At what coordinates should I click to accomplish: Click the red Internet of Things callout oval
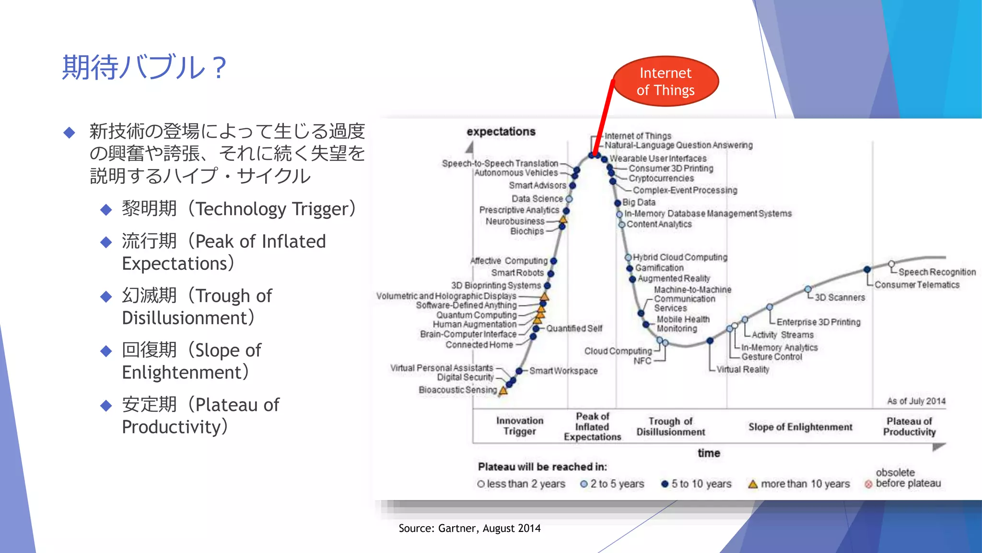[x=666, y=82]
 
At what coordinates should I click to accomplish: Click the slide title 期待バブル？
[x=144, y=67]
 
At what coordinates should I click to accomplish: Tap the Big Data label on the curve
[x=639, y=203]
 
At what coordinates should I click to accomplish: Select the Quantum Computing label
[x=476, y=315]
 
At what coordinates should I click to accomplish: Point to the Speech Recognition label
[x=936, y=272]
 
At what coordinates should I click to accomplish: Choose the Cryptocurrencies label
[x=661, y=179]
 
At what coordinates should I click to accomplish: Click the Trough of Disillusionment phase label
[x=670, y=426]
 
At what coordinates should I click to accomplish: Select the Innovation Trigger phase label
[x=520, y=426]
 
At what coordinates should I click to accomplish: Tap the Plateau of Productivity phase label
[x=909, y=426]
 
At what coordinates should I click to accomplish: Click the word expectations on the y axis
[x=501, y=132]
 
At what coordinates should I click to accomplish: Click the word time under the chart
[x=709, y=453]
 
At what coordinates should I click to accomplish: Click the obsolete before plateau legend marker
[x=868, y=484]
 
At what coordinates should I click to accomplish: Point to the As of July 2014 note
[x=916, y=401]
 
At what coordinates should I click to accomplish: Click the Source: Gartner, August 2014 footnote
[x=469, y=529]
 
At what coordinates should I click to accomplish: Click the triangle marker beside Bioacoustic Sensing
[x=503, y=391]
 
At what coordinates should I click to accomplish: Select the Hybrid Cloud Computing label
[x=679, y=257]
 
